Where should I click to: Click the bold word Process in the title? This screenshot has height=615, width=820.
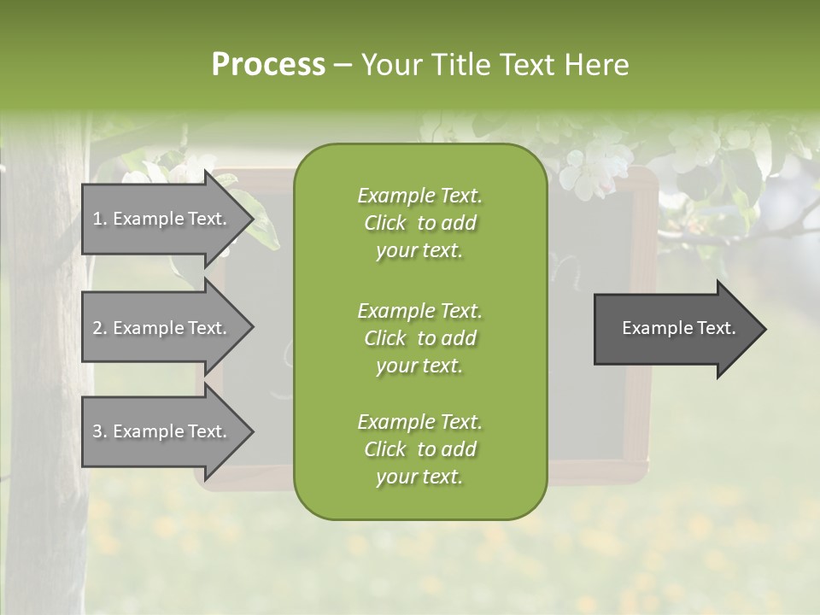pyautogui.click(x=268, y=64)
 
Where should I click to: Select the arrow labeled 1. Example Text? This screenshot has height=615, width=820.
pyautogui.click(x=162, y=219)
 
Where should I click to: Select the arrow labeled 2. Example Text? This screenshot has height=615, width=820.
pyautogui.click(x=162, y=328)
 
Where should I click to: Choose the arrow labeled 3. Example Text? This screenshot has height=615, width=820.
pyautogui.click(x=162, y=431)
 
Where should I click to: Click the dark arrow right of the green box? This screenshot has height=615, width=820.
pyautogui.click(x=675, y=328)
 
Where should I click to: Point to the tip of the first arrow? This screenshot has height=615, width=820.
pyautogui.click(x=251, y=219)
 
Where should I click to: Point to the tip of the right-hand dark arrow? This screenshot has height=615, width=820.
pyautogui.click(x=764, y=329)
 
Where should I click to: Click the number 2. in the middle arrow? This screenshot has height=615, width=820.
pyautogui.click(x=99, y=328)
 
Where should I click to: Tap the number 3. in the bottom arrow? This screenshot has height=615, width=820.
pyautogui.click(x=99, y=431)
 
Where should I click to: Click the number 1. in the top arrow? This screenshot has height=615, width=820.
pyautogui.click(x=99, y=219)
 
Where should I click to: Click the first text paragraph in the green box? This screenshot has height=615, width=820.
pyautogui.click(x=419, y=223)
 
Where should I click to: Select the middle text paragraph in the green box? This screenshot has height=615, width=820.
pyautogui.click(x=419, y=338)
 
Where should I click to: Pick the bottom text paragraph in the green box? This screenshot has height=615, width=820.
pyautogui.click(x=419, y=449)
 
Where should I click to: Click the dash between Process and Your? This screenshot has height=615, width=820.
pyautogui.click(x=343, y=65)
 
